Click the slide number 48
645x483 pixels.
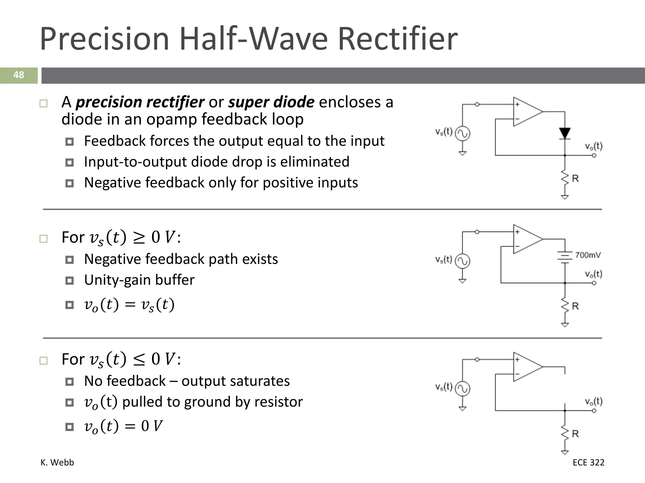point(19,75)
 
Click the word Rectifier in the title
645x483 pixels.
point(397,39)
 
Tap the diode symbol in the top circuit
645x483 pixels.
point(565,133)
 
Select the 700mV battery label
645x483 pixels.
point(588,255)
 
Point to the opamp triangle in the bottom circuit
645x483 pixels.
point(527,367)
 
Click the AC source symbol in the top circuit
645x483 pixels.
point(463,134)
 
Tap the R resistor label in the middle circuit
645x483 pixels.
point(575,306)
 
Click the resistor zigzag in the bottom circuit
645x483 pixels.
point(565,434)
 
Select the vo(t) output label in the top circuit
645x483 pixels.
point(594,146)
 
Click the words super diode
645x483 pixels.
point(271,102)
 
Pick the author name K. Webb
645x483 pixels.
point(57,463)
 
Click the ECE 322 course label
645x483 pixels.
point(588,463)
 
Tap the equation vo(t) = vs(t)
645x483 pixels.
point(129,305)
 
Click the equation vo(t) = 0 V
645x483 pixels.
point(123,426)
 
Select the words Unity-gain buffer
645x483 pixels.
point(139,280)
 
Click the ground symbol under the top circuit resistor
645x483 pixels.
point(565,197)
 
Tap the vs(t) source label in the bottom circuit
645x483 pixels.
point(444,387)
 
